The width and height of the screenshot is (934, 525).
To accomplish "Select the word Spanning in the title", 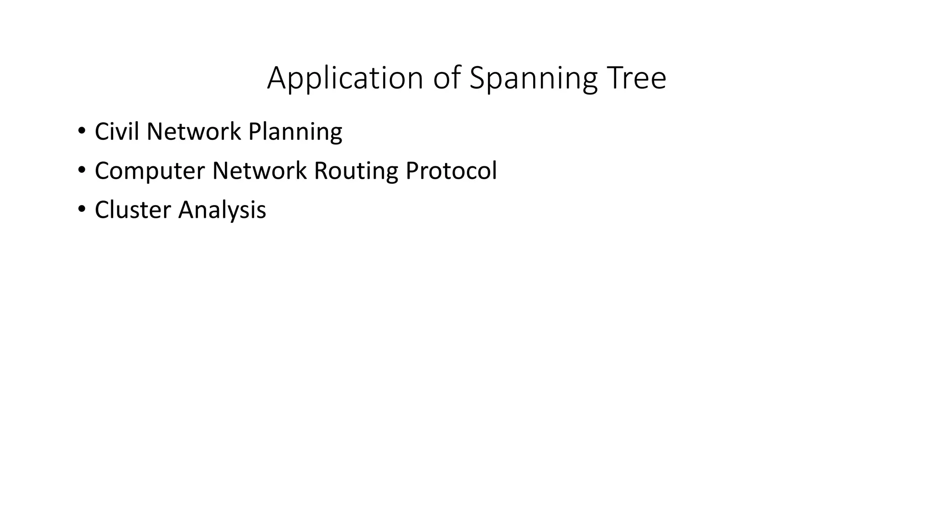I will (533, 78).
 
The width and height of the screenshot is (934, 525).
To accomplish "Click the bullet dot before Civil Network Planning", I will (82, 131).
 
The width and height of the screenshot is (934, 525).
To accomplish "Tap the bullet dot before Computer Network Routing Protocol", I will (82, 170).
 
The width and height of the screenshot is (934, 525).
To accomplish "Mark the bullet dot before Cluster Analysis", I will (82, 210).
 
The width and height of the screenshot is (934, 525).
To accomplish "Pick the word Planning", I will (295, 132).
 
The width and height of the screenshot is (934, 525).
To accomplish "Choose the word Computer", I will (150, 171).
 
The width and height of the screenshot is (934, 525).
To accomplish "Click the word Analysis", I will (222, 210).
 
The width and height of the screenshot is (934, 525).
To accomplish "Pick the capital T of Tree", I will (614, 78).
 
